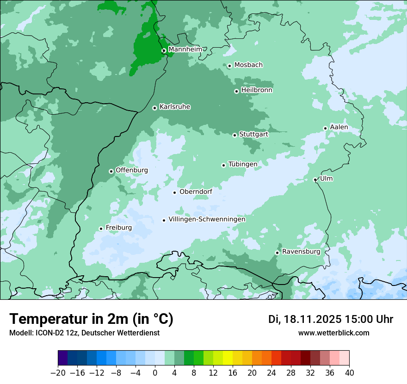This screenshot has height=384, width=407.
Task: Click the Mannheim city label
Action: (x=185, y=50)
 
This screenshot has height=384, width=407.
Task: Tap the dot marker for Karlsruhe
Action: (x=154, y=108)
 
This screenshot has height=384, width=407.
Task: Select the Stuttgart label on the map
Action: (x=253, y=134)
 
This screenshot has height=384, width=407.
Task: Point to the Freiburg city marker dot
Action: (x=101, y=229)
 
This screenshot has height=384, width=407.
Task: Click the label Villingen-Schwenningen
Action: (x=207, y=219)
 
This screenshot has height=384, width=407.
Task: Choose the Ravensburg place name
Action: (x=301, y=252)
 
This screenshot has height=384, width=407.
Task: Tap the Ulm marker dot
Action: (x=315, y=180)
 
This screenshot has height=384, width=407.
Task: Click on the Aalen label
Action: (x=339, y=127)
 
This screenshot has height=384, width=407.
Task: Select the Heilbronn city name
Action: (x=256, y=90)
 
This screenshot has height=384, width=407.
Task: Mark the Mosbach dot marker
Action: (x=229, y=66)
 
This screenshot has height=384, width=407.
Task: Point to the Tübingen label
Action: (x=242, y=164)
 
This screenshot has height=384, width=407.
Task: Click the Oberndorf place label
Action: (x=196, y=192)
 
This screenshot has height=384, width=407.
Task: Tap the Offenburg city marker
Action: (x=111, y=171)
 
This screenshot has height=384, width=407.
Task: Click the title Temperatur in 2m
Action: (x=91, y=319)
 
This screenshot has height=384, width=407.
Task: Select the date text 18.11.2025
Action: (x=313, y=319)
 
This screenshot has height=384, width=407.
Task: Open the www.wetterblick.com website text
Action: (x=333, y=333)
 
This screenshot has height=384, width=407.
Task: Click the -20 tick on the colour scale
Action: (x=58, y=373)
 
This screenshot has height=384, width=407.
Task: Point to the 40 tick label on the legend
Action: (x=349, y=373)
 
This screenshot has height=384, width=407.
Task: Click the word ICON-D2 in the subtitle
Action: (x=48, y=333)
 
